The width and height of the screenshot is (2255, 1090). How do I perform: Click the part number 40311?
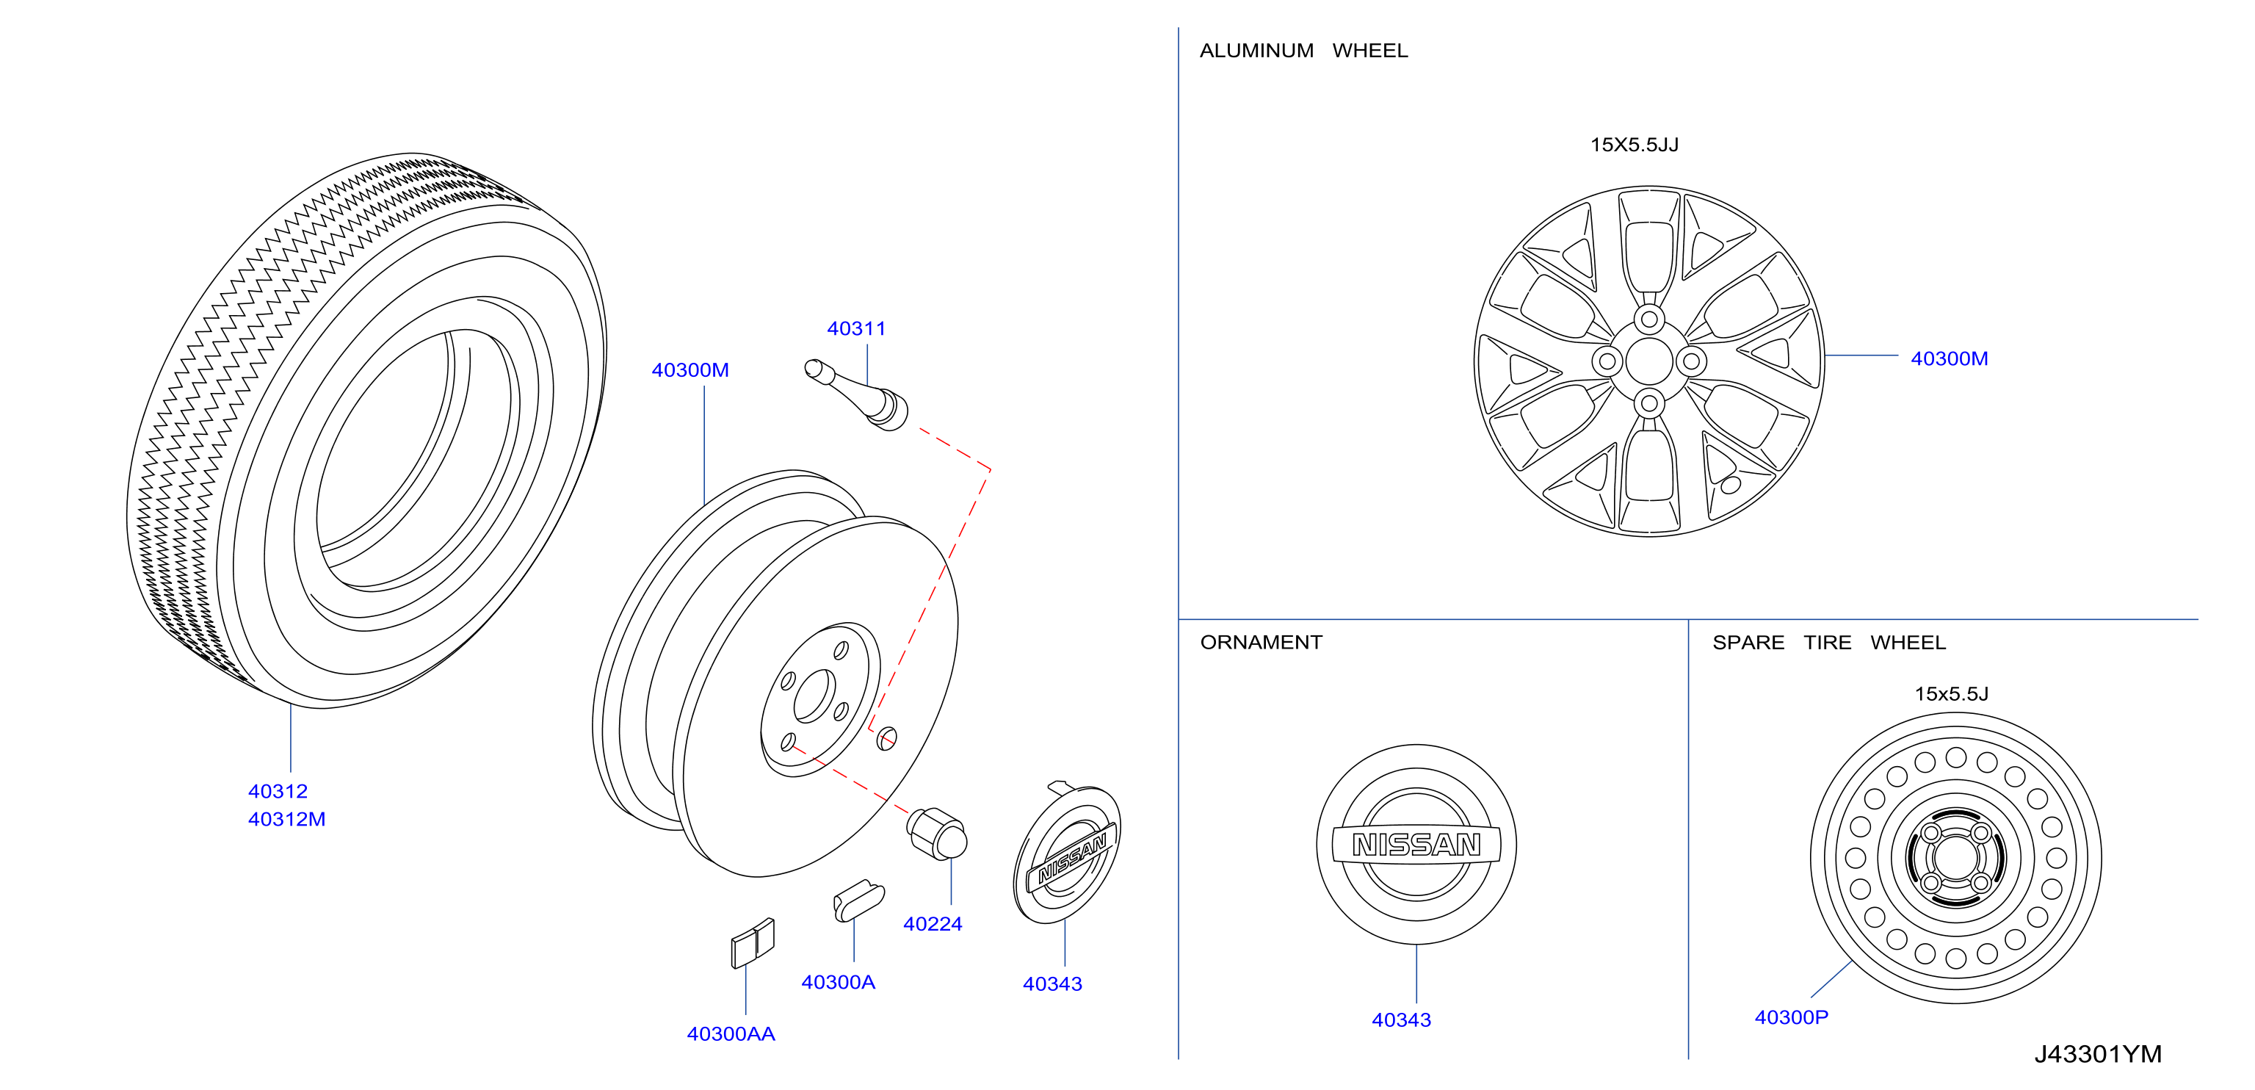pos(856,328)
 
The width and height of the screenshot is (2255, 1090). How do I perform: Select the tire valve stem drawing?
pos(856,395)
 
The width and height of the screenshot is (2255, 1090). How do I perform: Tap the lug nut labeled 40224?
pos(937,833)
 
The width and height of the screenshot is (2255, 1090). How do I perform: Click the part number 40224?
pos(933,924)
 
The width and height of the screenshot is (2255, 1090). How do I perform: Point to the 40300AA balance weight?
pos(753,942)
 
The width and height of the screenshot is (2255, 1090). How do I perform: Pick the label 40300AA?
pos(731,1034)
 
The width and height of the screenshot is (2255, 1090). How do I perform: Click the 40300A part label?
pos(838,982)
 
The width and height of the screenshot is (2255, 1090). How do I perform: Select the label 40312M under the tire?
pos(286,820)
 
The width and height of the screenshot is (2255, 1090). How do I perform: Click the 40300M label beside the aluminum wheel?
pos(1949,359)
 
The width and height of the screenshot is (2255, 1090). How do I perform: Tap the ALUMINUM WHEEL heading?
pos(1303,51)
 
